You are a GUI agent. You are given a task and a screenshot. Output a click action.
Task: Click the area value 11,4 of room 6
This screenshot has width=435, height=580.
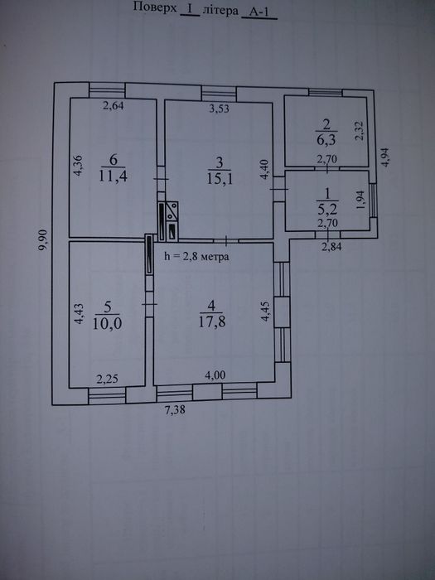point(114,176)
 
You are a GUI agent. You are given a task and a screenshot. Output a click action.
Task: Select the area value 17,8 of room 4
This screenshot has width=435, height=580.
point(212,321)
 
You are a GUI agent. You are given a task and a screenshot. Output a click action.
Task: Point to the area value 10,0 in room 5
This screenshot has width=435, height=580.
point(107,323)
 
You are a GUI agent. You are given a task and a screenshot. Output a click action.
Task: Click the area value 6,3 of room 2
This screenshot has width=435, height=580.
point(326,140)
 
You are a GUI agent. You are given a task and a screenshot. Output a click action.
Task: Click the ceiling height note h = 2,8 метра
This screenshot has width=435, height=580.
point(197,256)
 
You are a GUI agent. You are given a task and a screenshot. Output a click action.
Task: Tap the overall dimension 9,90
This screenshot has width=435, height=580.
point(43,239)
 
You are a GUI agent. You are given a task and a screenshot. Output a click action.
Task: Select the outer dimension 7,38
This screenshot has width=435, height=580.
point(175,410)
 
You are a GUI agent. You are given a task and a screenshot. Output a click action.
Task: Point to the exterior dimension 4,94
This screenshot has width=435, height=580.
point(385,157)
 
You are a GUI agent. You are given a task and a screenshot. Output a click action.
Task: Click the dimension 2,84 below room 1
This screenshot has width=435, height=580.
point(331,247)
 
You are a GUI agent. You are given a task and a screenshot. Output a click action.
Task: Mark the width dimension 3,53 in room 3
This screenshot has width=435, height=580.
point(219,109)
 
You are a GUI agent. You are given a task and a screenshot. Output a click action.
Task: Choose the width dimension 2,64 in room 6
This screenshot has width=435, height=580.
point(114,106)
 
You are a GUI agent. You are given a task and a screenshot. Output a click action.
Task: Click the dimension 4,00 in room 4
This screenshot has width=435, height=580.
point(215,375)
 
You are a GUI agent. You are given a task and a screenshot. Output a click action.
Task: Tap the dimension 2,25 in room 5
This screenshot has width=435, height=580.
point(107,379)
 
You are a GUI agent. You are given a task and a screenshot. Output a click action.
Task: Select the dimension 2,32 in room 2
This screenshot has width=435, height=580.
point(360,131)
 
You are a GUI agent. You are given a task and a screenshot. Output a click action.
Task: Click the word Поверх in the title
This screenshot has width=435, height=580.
point(155,7)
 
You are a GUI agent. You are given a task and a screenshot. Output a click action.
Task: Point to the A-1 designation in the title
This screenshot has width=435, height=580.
point(259,12)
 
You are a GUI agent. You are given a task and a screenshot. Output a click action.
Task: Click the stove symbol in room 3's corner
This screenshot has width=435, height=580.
point(172,221)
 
